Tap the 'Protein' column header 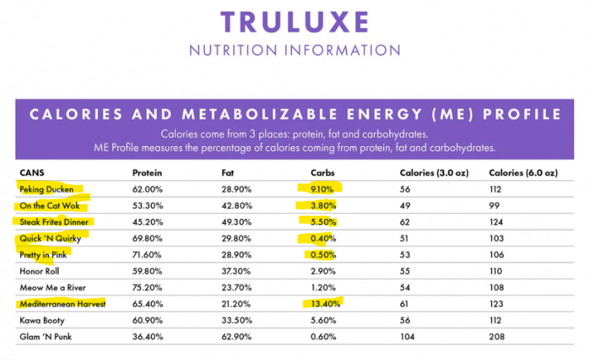tap(147, 173)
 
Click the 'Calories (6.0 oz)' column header tap(523, 173)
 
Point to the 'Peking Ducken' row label tap(46, 189)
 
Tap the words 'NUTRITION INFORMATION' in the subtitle tap(295, 50)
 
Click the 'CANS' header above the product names tap(31, 173)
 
